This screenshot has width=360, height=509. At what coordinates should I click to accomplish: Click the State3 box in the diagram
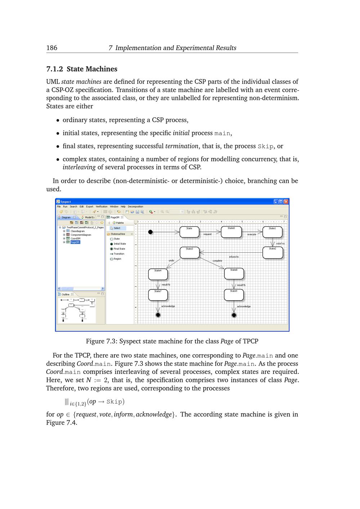[189, 252]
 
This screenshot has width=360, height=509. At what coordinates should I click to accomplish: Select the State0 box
[231, 232]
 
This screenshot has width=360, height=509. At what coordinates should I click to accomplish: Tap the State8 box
[234, 274]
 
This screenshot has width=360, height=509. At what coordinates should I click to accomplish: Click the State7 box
[158, 295]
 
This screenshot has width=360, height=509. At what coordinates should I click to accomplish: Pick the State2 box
[273, 252]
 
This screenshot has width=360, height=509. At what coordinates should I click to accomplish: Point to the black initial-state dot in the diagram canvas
[150, 232]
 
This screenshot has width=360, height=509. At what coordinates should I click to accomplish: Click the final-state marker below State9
[234, 315]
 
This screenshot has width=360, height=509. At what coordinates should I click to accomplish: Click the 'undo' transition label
[171, 261]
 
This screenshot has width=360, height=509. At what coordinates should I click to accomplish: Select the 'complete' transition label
[217, 261]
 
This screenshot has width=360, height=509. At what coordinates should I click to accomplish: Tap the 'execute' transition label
[252, 234]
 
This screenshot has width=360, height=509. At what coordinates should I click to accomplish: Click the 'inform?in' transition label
[234, 257]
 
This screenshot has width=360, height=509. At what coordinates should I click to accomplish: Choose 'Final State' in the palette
[119, 249]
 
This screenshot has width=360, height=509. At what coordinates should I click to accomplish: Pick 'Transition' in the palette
[119, 254]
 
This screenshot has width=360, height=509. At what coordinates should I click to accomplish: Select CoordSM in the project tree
[75, 238]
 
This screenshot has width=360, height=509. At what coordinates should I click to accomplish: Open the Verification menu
[102, 207]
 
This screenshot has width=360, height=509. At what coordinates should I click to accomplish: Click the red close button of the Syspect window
[286, 202]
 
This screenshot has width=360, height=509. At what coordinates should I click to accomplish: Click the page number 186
[52, 48]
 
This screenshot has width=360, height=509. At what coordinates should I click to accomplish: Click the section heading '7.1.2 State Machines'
[82, 69]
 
